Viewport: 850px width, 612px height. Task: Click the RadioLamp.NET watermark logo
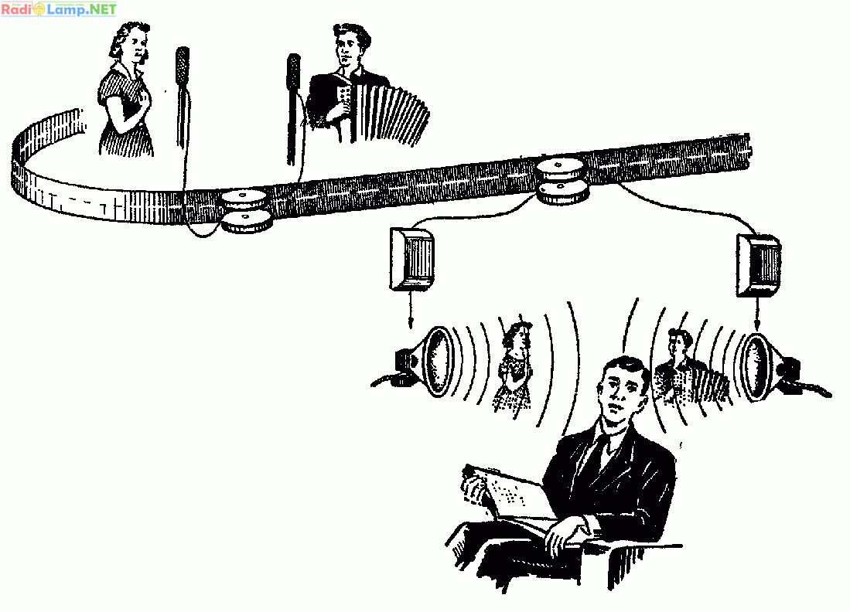pos(59,8)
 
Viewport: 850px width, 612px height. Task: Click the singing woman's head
pos(131,42)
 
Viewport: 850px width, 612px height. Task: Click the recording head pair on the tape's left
pos(246,211)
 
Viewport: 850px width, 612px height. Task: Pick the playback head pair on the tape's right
pos(562,180)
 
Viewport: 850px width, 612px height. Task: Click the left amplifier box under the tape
pos(411,259)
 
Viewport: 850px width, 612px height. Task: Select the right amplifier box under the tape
pos(759,265)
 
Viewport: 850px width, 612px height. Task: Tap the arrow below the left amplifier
pos(411,309)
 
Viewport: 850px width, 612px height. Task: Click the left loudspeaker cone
pos(437,361)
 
